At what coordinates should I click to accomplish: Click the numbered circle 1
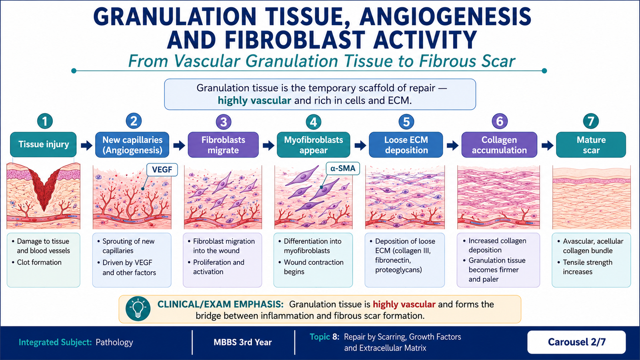[x=45, y=121]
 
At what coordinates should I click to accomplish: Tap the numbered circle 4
[x=314, y=122]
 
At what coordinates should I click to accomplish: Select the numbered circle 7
[x=591, y=121]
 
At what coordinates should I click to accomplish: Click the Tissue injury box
[x=44, y=144]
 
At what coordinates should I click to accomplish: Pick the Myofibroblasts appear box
[x=314, y=144]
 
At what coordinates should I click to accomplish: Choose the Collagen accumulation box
[x=499, y=144]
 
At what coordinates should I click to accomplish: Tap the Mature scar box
[x=591, y=144]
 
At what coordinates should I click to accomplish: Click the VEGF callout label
[x=162, y=170]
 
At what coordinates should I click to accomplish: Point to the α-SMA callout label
[x=343, y=168]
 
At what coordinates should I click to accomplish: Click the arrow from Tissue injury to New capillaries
[x=86, y=145]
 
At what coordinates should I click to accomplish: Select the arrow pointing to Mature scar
[x=547, y=145]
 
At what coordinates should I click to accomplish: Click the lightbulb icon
[x=138, y=309]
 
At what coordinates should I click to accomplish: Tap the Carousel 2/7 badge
[x=576, y=342]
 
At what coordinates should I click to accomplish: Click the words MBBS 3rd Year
[x=242, y=342]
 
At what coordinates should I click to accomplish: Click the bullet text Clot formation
[x=39, y=262]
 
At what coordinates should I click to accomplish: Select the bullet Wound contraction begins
[x=314, y=267]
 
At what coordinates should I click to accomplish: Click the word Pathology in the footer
[x=114, y=342]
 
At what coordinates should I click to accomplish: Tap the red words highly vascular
[x=404, y=304]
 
